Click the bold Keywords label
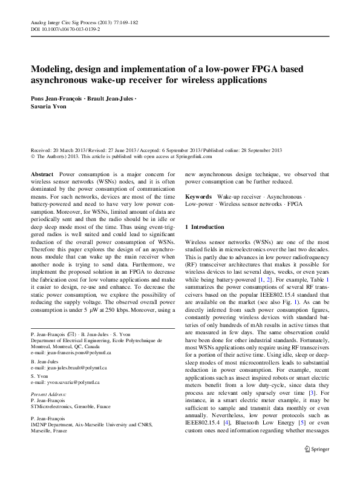198,197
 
